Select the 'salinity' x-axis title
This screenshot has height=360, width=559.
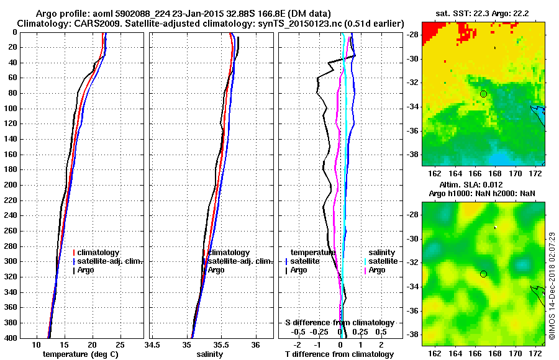(x=210, y=354)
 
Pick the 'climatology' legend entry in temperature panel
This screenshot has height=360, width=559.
(x=96, y=253)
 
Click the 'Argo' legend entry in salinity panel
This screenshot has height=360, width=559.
(x=216, y=270)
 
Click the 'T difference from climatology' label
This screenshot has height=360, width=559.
(x=339, y=354)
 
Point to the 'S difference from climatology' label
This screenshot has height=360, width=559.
(x=339, y=323)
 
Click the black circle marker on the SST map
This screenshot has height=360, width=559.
(x=483, y=94)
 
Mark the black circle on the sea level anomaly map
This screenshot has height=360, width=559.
(x=483, y=274)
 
